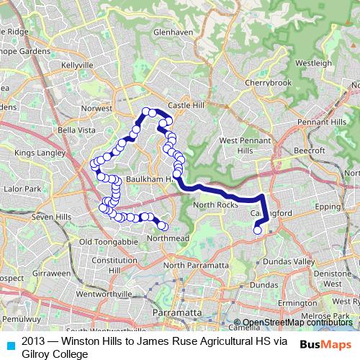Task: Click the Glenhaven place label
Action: click(x=169, y=33)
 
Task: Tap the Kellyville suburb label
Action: click(x=78, y=65)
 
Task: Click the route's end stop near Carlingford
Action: click(x=258, y=230)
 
